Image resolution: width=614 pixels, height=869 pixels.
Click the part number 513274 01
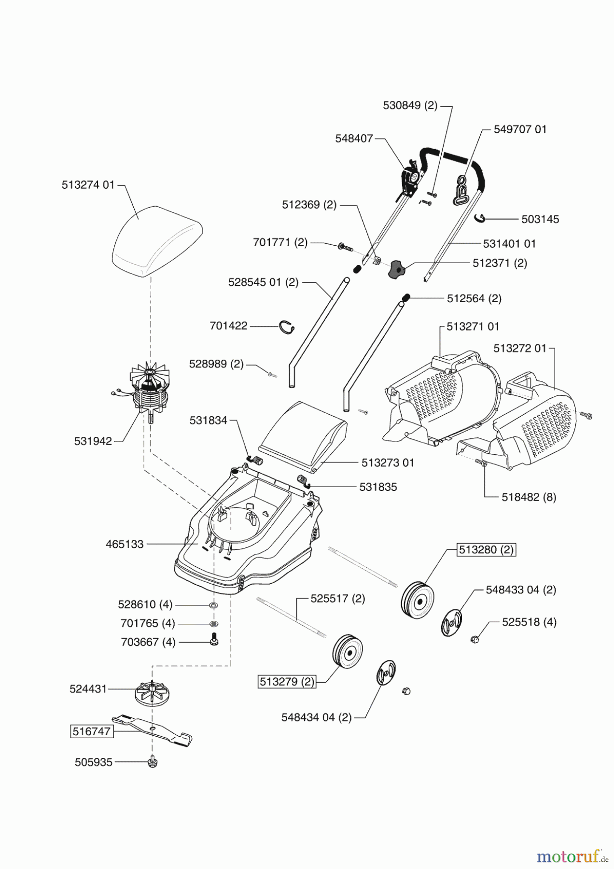(x=88, y=185)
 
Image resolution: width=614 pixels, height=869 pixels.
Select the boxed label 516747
(x=92, y=731)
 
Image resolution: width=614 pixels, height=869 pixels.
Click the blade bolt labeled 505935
(x=153, y=762)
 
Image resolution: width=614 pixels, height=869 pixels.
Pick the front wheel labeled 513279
(x=348, y=652)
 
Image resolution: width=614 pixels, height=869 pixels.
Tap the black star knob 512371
(x=395, y=268)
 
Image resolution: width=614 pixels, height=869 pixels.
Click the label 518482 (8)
(x=529, y=497)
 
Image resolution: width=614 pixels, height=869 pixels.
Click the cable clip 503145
(x=479, y=219)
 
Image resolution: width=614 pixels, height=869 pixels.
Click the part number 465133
(x=125, y=544)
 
